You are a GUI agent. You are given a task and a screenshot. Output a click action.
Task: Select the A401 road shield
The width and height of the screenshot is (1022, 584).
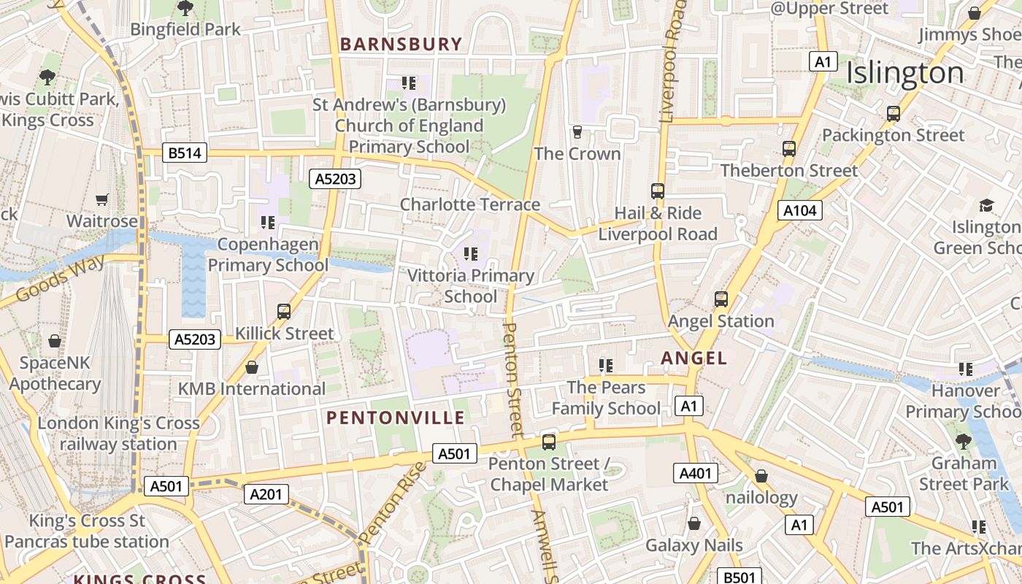(x=695, y=473)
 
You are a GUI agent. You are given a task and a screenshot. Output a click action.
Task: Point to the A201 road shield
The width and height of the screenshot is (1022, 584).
(x=265, y=494)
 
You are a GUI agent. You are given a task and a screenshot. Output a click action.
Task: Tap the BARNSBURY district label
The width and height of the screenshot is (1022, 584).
(x=401, y=45)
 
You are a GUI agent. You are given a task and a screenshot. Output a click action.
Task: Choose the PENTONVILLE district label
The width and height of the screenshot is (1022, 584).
(x=395, y=418)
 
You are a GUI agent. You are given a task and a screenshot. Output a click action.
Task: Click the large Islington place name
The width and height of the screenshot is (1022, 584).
(x=905, y=73)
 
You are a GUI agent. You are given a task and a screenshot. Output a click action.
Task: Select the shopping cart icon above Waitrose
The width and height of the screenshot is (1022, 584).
(x=102, y=199)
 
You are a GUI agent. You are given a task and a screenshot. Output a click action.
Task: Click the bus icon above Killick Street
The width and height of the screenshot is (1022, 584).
(x=284, y=312)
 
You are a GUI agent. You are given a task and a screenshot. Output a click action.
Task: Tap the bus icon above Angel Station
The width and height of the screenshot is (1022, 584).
(x=721, y=299)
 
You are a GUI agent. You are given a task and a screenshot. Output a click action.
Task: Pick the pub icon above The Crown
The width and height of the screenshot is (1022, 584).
(x=577, y=132)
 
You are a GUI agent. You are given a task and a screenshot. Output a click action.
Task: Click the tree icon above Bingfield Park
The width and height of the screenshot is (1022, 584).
(x=185, y=9)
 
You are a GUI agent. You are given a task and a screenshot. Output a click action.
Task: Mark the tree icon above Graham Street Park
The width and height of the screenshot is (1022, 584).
(x=964, y=441)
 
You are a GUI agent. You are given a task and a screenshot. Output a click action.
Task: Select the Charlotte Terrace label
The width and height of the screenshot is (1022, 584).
(x=469, y=204)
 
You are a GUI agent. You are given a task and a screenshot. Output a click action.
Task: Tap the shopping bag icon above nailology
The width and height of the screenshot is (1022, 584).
(x=761, y=476)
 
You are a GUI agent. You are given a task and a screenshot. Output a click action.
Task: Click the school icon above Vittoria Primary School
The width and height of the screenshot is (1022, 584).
(x=471, y=254)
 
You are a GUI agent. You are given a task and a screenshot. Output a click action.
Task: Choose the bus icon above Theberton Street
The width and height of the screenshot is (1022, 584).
(x=788, y=149)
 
